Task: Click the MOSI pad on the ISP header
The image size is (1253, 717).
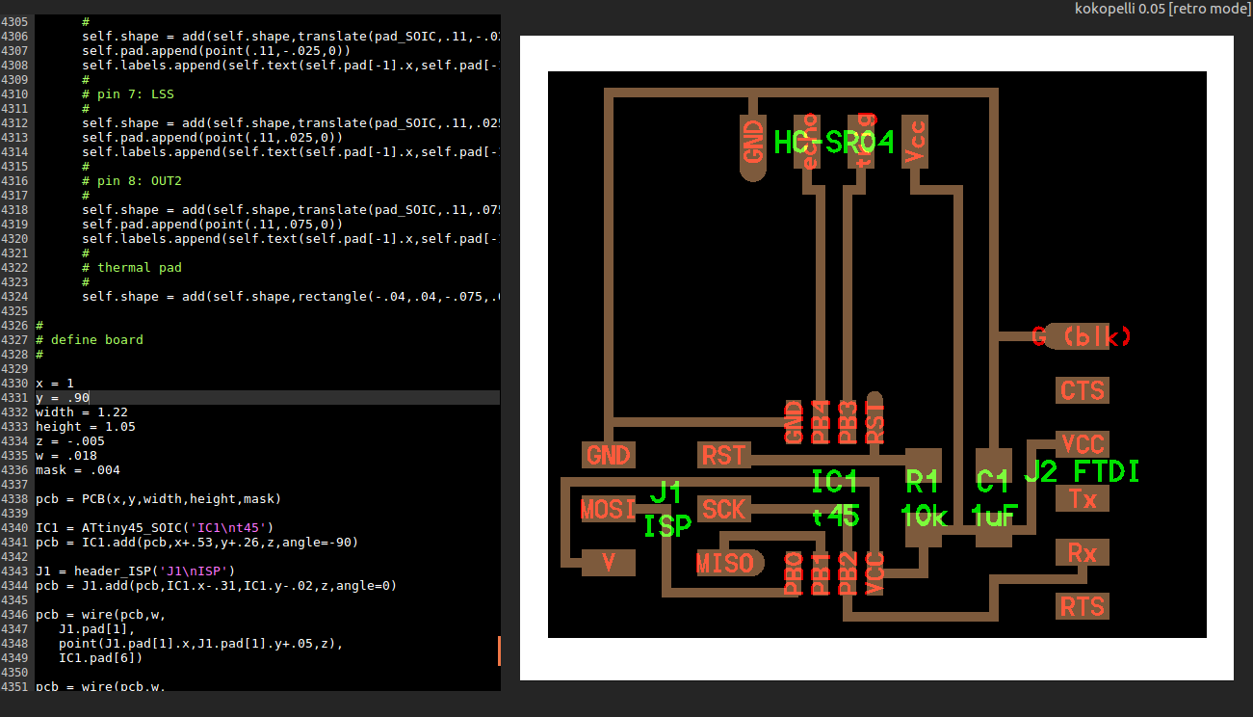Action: tap(608, 508)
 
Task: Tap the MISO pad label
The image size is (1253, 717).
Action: tap(725, 562)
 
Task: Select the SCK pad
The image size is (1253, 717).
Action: tap(723, 508)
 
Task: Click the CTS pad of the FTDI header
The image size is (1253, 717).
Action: tap(1082, 390)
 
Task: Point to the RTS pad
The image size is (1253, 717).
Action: tap(1082, 606)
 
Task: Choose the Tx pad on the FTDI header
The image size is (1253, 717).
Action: tap(1082, 499)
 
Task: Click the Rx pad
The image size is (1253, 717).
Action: tap(1082, 552)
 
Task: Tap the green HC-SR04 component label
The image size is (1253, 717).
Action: tap(834, 143)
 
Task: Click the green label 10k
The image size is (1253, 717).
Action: tap(926, 517)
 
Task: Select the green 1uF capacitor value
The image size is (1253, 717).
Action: tap(995, 517)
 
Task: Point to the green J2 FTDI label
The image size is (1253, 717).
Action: tap(1081, 471)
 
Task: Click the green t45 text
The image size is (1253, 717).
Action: tap(835, 517)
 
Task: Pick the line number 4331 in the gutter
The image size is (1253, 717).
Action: tap(14, 398)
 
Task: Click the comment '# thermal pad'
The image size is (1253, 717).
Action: tap(131, 268)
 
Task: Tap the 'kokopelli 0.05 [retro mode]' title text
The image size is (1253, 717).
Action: tap(1162, 9)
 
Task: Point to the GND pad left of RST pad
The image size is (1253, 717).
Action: tap(608, 455)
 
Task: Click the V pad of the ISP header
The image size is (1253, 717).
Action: tap(608, 562)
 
